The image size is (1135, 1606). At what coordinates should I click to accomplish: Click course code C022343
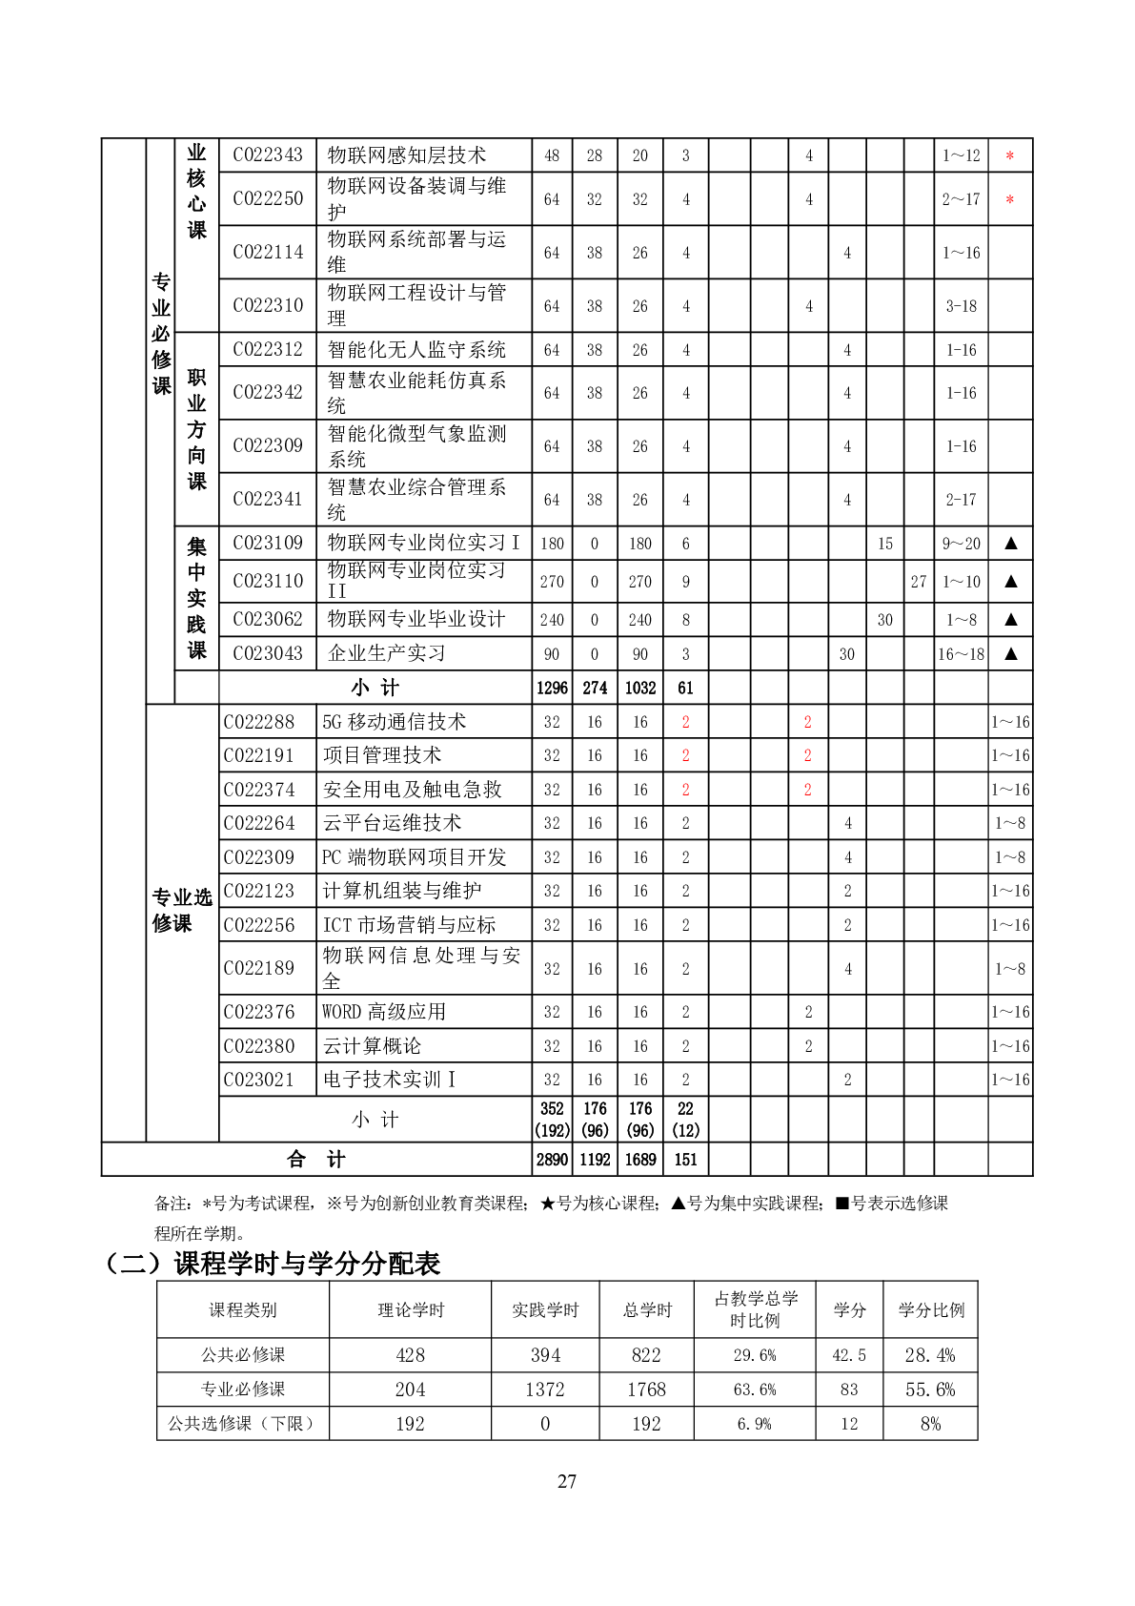[267, 155]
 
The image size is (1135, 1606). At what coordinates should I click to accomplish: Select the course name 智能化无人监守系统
[416, 350]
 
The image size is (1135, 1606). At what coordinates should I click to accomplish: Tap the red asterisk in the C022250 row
[1009, 200]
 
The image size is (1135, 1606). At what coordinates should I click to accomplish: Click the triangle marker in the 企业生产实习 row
[1010, 654]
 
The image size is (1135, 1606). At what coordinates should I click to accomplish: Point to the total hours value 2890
[552, 1160]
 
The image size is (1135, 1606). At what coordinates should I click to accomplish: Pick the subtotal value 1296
[552, 688]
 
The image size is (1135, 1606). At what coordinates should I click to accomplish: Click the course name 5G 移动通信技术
[395, 722]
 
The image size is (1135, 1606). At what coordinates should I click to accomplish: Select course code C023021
[259, 1080]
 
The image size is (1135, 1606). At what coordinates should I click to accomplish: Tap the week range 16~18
[961, 654]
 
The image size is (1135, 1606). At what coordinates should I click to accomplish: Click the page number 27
[567, 1481]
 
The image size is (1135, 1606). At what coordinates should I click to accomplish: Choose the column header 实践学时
[545, 1310]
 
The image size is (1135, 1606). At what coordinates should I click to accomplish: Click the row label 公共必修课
[243, 1355]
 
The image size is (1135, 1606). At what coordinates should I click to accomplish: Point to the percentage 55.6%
[930, 1390]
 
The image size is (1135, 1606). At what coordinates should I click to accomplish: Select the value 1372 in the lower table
[545, 1390]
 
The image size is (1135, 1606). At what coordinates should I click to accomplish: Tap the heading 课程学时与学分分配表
[307, 1264]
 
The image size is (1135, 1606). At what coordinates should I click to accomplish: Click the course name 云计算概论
[372, 1046]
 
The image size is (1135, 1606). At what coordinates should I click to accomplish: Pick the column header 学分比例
[931, 1310]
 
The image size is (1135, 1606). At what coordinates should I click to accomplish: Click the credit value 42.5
[849, 1355]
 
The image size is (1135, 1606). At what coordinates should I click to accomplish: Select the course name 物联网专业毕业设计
[416, 619]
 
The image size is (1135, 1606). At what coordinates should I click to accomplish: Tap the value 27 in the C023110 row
[919, 582]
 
